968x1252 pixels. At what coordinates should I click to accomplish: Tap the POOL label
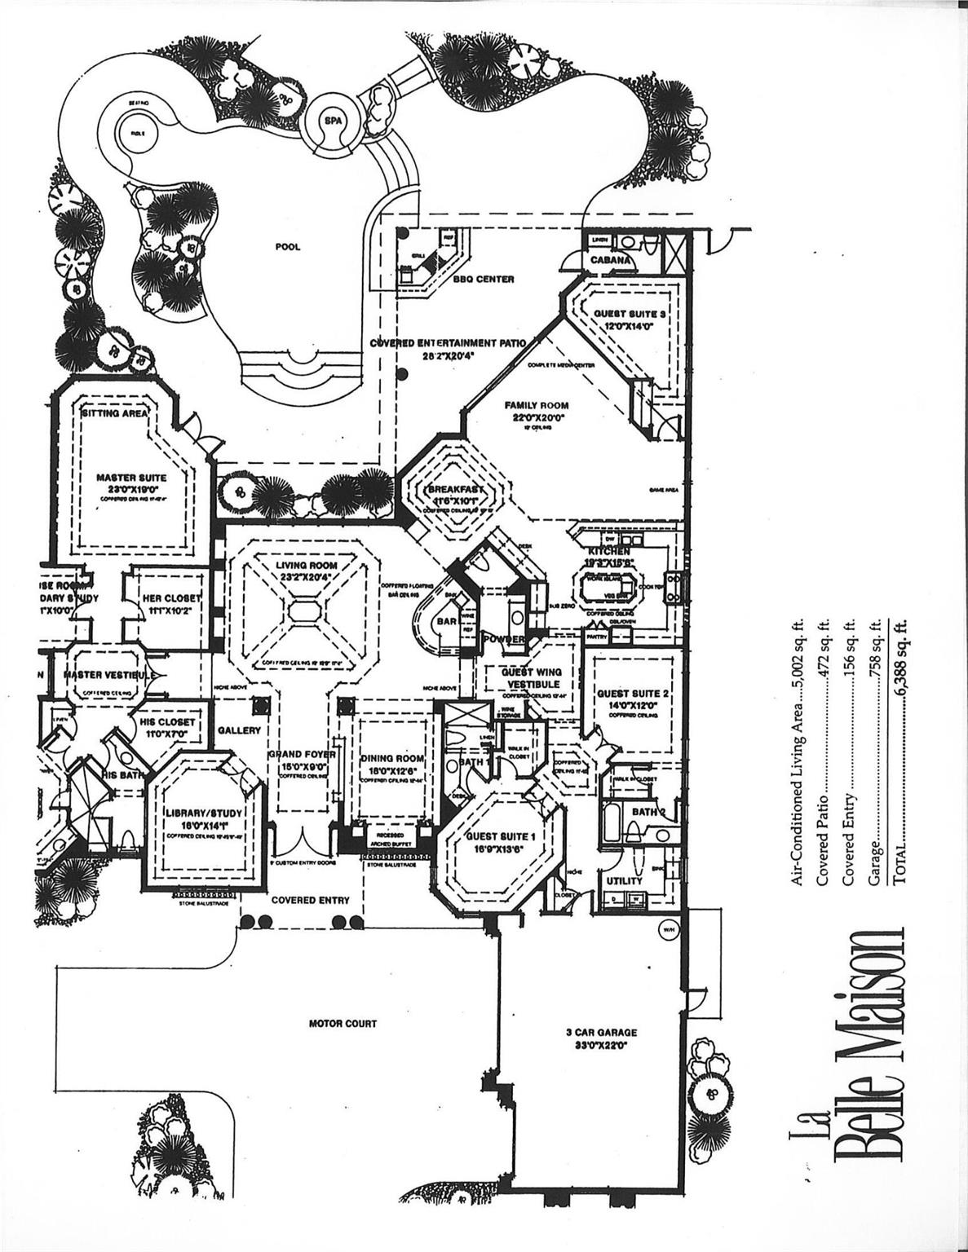tap(288, 247)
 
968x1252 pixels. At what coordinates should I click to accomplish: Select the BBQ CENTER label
tap(484, 279)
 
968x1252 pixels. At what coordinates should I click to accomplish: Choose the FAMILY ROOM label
tap(536, 405)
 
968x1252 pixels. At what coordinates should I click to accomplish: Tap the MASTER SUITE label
tap(131, 478)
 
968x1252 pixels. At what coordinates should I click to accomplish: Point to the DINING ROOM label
tap(394, 758)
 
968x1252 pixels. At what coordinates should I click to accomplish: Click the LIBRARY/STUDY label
tap(201, 813)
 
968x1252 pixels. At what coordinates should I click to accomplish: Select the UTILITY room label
tap(624, 880)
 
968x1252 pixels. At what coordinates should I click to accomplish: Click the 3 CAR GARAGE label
tap(601, 1032)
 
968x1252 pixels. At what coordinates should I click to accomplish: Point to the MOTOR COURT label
tap(343, 1024)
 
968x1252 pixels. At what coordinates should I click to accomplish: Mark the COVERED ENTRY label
tap(310, 900)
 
